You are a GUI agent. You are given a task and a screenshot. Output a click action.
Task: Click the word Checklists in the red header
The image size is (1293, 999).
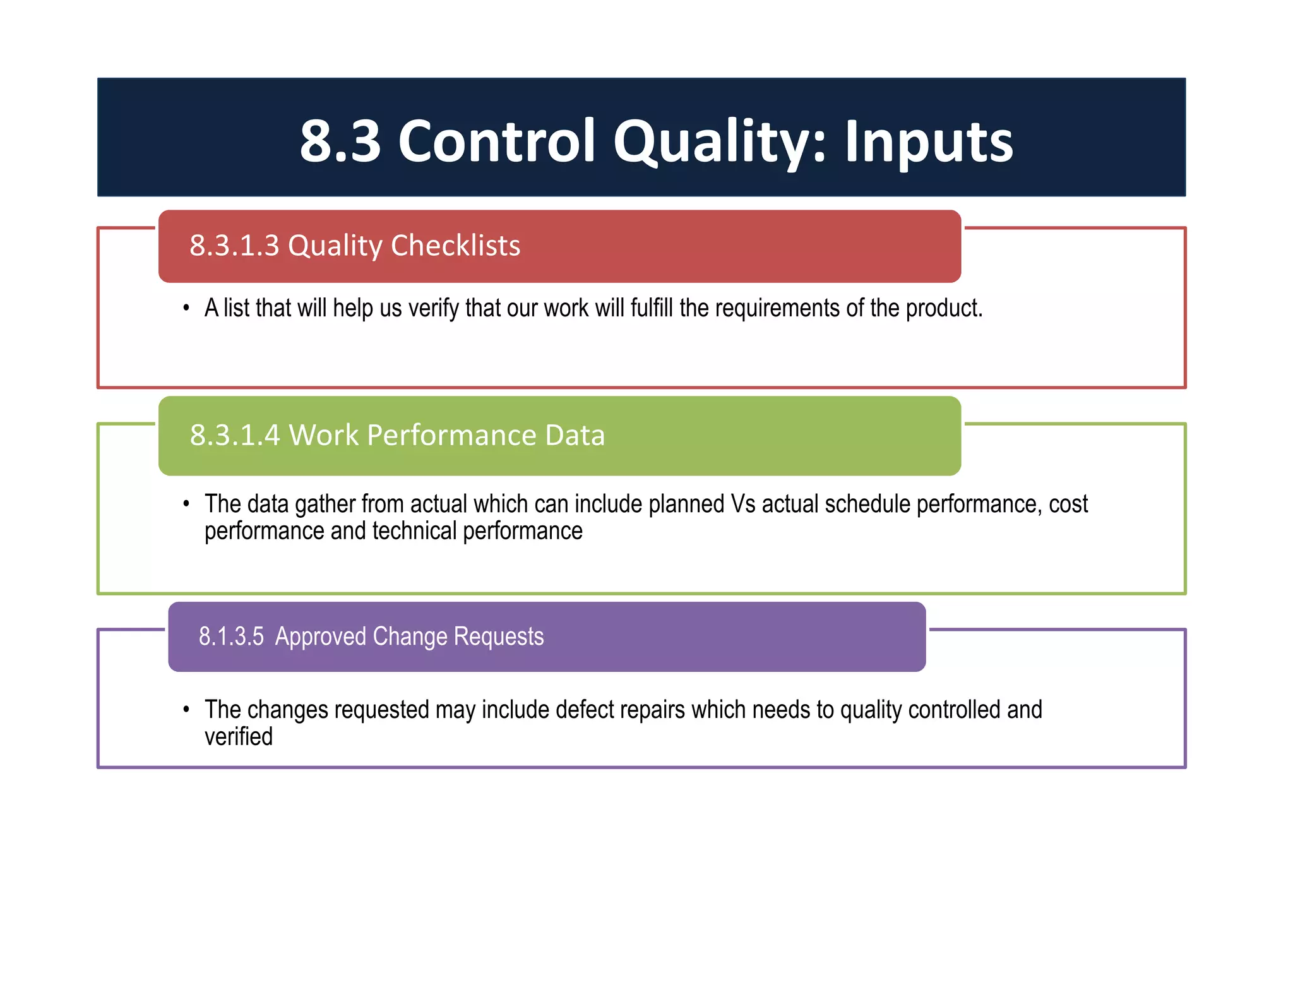click(455, 245)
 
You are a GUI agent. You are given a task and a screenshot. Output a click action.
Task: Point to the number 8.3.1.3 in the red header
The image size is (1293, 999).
click(234, 245)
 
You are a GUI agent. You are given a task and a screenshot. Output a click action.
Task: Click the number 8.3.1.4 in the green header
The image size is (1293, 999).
click(235, 435)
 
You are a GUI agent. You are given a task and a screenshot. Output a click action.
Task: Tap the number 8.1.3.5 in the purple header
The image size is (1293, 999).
click(231, 636)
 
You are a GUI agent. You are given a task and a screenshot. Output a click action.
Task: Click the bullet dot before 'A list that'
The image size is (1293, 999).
click(186, 308)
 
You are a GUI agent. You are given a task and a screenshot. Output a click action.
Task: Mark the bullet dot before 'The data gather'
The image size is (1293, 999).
click(186, 504)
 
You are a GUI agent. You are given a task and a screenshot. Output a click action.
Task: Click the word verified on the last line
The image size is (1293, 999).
click(239, 737)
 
